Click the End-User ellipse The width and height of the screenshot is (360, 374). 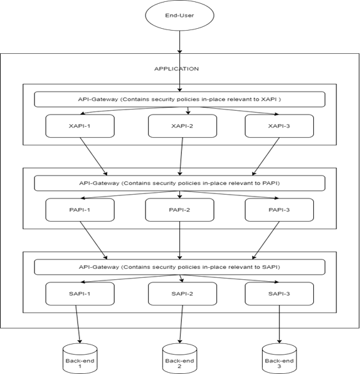179,17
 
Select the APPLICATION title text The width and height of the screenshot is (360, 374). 176,69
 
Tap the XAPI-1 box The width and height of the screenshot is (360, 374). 80,126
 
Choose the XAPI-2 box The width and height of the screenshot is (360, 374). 183,126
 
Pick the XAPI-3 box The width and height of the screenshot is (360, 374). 279,126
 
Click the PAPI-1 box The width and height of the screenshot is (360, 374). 80,210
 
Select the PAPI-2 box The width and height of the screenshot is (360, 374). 179,210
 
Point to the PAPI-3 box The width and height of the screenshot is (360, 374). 279,210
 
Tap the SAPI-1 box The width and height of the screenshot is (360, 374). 80,293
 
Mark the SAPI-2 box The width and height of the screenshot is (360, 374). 183,293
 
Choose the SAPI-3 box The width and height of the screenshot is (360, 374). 279,293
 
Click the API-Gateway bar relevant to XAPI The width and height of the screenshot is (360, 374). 179,99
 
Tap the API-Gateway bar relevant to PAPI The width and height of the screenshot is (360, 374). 179,183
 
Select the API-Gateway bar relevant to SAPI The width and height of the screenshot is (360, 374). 179,266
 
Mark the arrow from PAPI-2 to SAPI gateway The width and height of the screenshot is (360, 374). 179,240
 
